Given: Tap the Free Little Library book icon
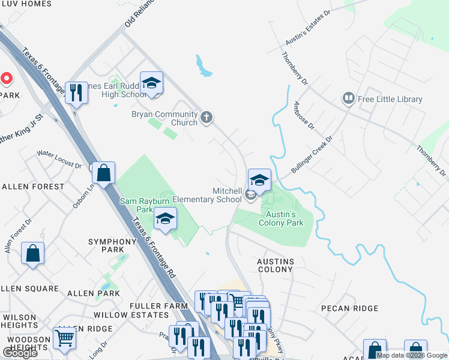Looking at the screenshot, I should tap(348, 98).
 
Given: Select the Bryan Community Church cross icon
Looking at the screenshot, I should tap(206, 117).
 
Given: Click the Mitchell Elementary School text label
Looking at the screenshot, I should tap(207, 195).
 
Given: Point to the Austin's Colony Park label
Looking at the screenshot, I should tap(280, 218).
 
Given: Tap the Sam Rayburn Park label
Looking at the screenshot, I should tap(137, 205).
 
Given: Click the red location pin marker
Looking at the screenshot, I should tap(6, 79).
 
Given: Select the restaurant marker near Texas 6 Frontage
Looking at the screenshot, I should tap(75, 93).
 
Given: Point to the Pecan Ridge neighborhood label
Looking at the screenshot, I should tap(349, 308).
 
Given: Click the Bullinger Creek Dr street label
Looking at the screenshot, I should tap(312, 155).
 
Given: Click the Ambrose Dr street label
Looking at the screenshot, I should tap(304, 115).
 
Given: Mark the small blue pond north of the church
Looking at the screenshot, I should tap(203, 65).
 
